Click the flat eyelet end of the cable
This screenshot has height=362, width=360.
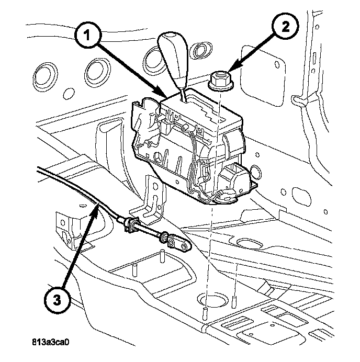(x=180, y=243)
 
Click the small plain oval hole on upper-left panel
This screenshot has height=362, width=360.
(x=67, y=94)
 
